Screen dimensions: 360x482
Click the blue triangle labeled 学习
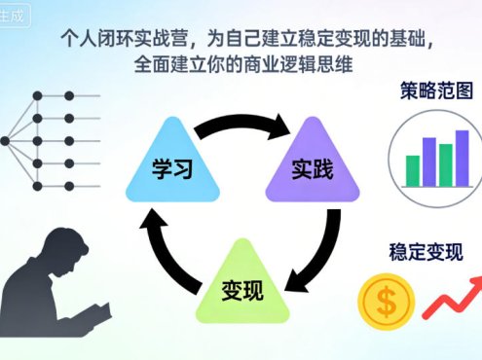pos(171,162)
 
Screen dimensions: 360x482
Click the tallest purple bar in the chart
pos(462,157)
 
